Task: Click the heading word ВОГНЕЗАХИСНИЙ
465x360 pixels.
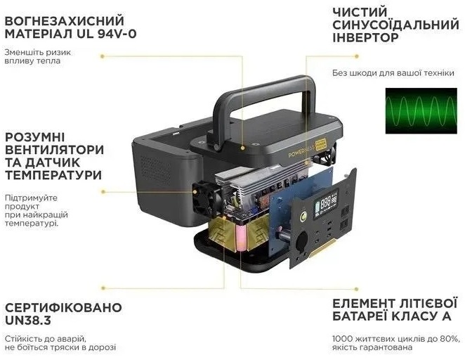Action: pos(65,21)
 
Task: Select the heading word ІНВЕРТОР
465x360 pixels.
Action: pos(365,38)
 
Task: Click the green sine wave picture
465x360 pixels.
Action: pos(421,110)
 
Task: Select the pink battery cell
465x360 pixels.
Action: pos(240,237)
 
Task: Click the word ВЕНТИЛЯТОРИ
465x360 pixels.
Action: pos(55,150)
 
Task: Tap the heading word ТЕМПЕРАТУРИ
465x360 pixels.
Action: pos(53,175)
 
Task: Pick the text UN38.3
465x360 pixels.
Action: pos(28,320)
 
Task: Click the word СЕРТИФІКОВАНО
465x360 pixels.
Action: pos(63,307)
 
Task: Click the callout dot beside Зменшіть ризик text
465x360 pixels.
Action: pos(103,56)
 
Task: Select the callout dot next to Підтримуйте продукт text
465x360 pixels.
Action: pos(103,192)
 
